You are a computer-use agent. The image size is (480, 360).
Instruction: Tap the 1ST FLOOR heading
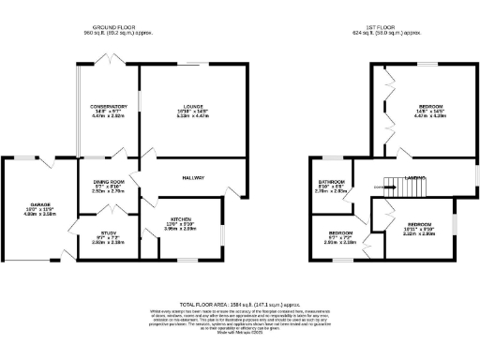tap(379, 28)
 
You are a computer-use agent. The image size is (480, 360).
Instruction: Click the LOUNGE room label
tap(194, 107)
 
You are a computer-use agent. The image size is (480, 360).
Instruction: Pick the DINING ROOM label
tap(109, 182)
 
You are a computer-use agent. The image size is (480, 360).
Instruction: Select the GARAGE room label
tap(39, 203)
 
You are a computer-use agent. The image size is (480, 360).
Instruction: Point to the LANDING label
tap(416, 176)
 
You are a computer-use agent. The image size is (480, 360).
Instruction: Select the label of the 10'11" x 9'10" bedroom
tap(421, 225)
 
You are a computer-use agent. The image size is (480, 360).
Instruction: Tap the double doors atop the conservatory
tap(106, 60)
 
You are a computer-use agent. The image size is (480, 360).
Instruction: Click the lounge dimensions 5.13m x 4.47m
tap(194, 118)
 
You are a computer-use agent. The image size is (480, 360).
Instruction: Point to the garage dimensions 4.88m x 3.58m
tap(39, 215)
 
